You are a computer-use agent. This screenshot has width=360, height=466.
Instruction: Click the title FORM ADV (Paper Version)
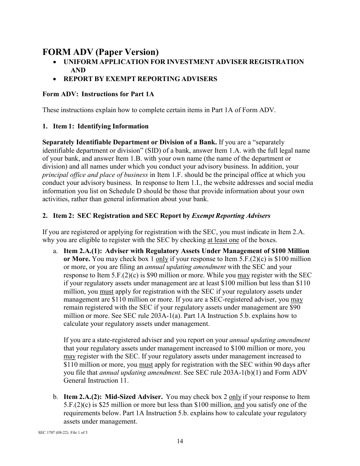(100, 52)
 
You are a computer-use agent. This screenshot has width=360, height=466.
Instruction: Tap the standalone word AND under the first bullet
(78, 70)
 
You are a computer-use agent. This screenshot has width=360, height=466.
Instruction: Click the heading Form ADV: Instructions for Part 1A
(98, 94)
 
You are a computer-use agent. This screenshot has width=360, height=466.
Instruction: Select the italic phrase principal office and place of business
(95, 175)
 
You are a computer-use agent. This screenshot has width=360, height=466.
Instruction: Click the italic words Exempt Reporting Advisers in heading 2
(231, 216)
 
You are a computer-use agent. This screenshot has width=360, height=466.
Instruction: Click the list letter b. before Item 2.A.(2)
(55, 397)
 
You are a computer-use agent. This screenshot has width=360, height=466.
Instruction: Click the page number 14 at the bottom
(180, 441)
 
